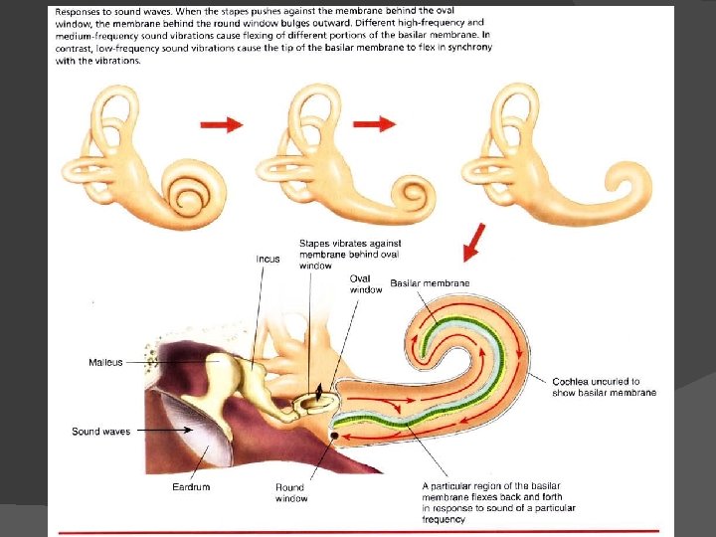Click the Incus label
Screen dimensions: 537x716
click(x=268, y=260)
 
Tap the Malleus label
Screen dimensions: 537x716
click(x=105, y=362)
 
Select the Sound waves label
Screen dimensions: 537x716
click(x=100, y=432)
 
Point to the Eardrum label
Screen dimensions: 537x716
click(x=190, y=487)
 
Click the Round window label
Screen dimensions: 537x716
click(x=291, y=492)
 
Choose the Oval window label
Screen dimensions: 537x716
click(x=366, y=284)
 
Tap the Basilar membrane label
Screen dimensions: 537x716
click(x=430, y=283)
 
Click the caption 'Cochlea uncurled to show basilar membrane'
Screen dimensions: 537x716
click(x=604, y=387)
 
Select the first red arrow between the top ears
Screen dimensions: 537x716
click(x=222, y=125)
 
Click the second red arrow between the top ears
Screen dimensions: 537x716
click(x=374, y=124)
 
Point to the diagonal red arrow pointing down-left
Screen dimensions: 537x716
click(x=474, y=242)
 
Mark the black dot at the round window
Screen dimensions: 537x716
click(x=333, y=436)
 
